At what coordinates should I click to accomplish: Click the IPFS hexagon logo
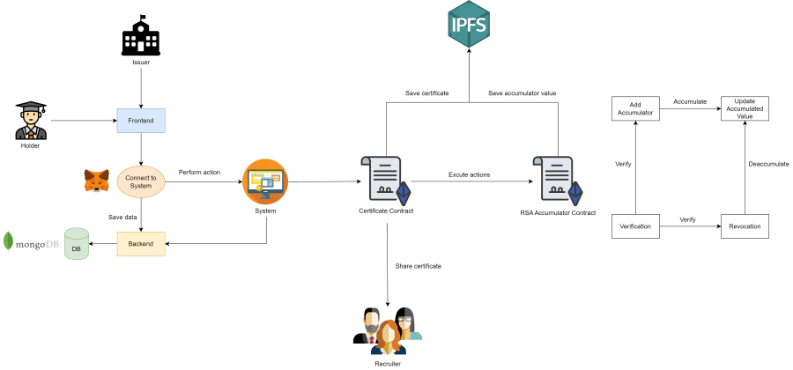[x=469, y=26]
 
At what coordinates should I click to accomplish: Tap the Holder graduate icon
[x=30, y=121]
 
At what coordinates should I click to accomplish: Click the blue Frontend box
[x=141, y=121]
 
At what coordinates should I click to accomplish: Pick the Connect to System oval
[x=141, y=182]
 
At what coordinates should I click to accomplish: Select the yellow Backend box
[x=141, y=243]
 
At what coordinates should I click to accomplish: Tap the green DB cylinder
[x=77, y=244]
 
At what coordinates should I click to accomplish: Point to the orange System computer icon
[x=265, y=181]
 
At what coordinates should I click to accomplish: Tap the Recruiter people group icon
[x=388, y=329]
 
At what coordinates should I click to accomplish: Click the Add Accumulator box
[x=635, y=108]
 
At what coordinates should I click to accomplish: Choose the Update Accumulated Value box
[x=745, y=108]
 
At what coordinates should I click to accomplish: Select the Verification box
[x=635, y=226]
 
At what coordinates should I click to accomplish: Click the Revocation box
[x=745, y=226]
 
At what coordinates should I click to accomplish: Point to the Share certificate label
[x=419, y=266]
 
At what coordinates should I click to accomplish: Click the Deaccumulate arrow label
[x=769, y=164]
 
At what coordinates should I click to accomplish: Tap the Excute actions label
[x=470, y=174]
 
